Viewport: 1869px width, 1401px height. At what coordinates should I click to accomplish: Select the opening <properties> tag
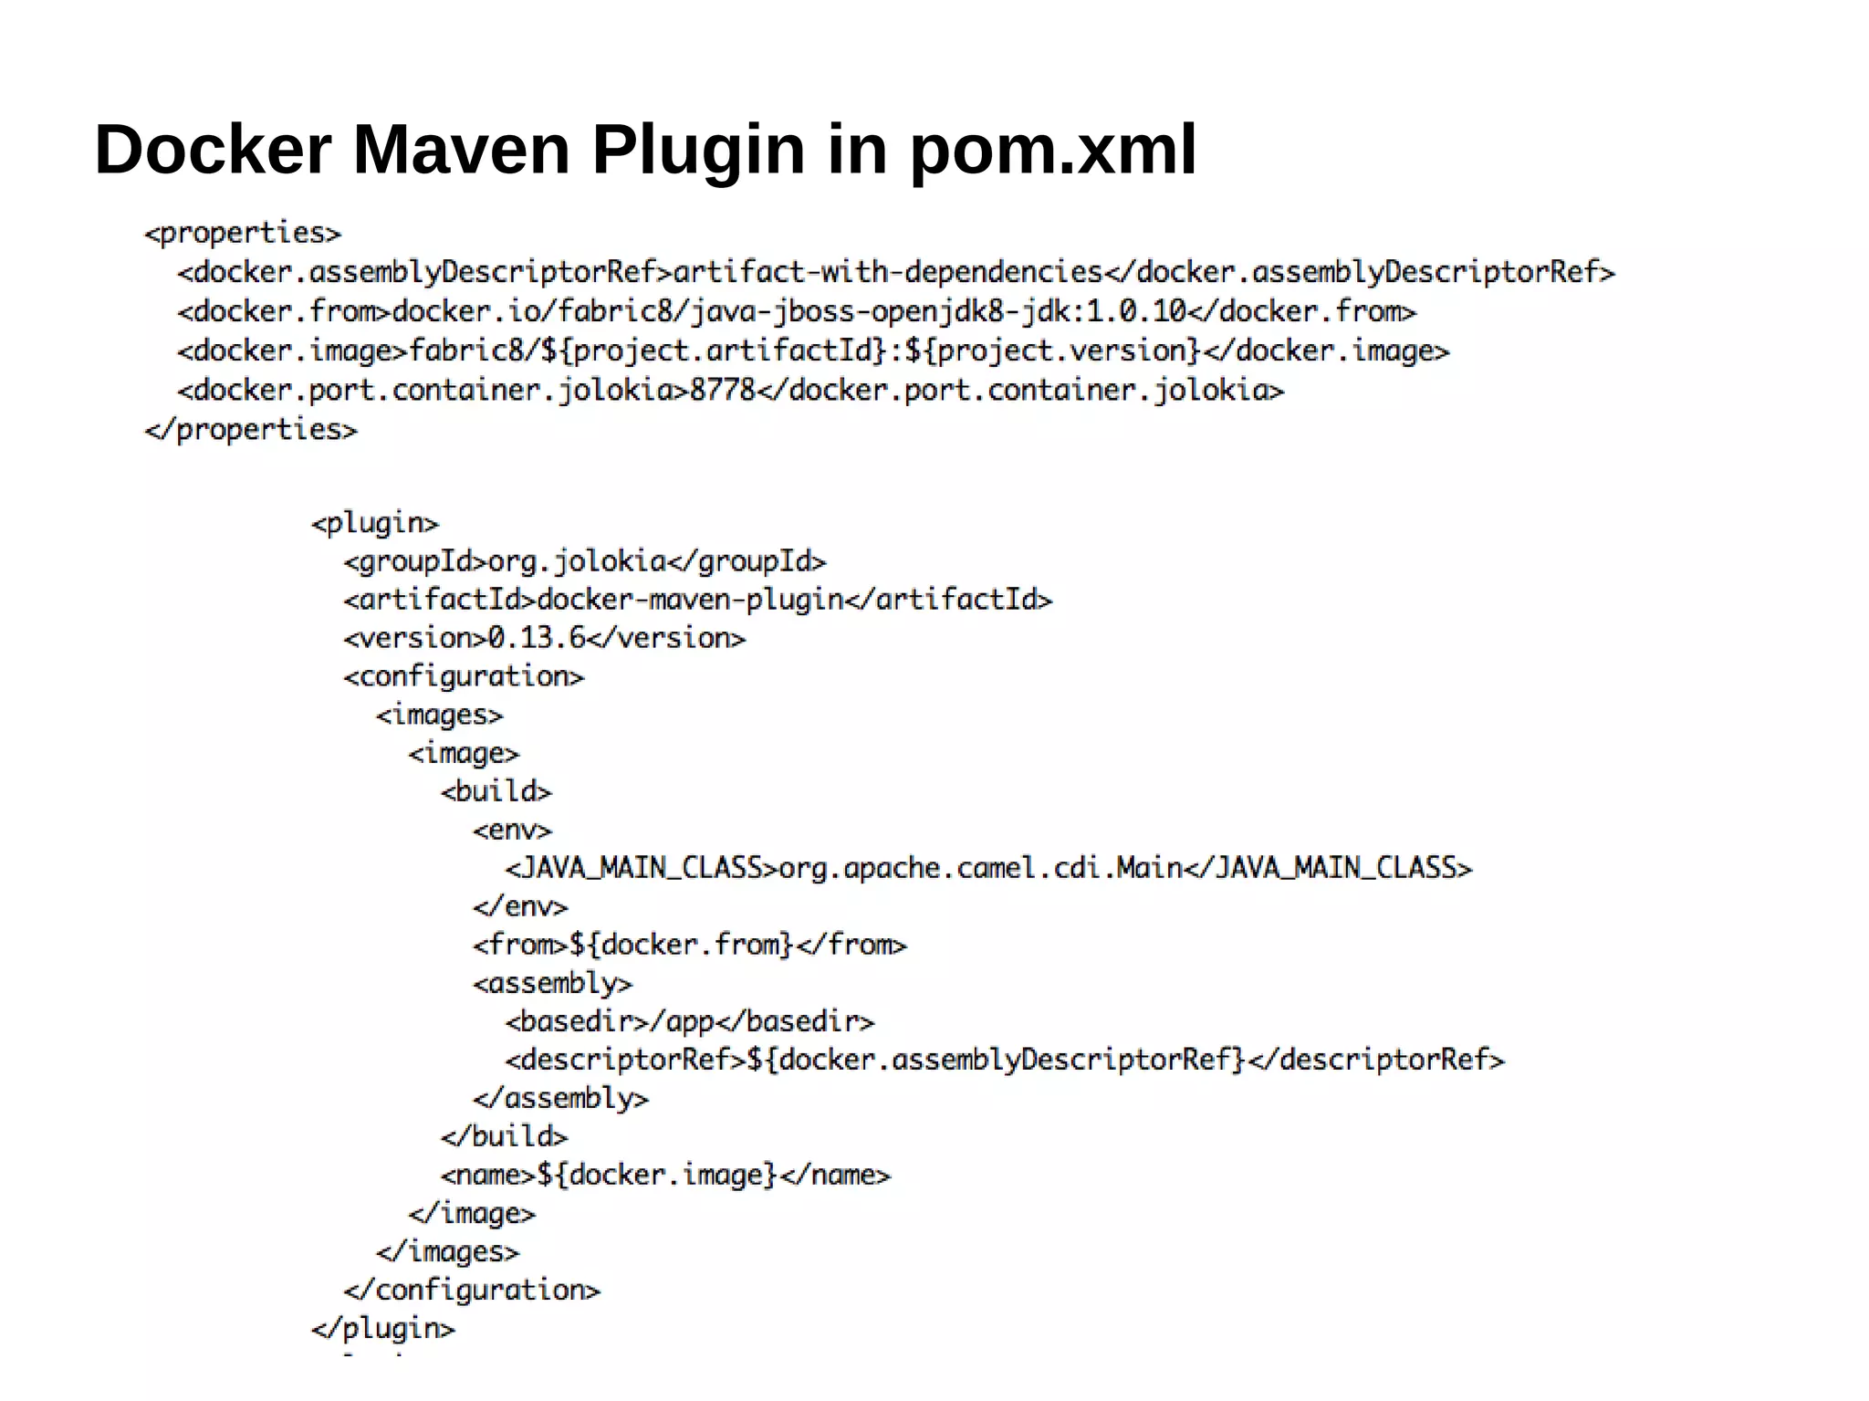tap(243, 234)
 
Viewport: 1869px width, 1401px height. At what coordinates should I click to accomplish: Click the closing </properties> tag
tap(251, 430)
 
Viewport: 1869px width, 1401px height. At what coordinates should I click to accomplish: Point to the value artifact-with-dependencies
tap(888, 272)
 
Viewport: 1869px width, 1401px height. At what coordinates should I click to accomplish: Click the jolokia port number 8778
tap(723, 391)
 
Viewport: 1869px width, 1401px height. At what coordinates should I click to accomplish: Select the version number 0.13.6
tap(537, 638)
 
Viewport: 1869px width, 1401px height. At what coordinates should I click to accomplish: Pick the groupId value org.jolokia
tap(577, 561)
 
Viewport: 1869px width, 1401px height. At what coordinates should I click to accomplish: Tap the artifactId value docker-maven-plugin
tap(690, 600)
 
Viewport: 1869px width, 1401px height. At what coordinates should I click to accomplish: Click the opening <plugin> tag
tap(375, 523)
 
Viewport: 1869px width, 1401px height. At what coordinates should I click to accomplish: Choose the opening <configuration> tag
tap(464, 676)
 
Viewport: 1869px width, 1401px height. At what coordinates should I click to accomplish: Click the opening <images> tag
tap(439, 715)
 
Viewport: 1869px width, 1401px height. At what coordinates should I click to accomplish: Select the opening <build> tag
tap(496, 791)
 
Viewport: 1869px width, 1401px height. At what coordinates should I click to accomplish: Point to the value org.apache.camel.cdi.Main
tap(980, 868)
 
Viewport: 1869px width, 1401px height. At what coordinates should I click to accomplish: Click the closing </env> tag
tap(520, 906)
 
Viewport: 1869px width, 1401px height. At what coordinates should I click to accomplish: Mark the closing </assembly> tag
tap(560, 1098)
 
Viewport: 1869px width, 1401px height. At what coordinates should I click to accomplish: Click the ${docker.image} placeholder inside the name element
tap(656, 1175)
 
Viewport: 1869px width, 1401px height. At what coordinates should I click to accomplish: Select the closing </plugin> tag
tap(382, 1328)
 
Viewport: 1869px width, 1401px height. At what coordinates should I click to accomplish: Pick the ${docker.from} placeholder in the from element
tap(681, 945)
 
